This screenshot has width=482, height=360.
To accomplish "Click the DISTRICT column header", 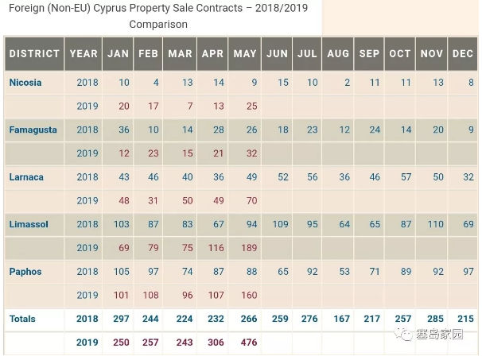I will coord(34,54).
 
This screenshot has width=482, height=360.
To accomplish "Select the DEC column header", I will coord(462,54).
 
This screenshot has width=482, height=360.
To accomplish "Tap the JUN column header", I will coord(278,54).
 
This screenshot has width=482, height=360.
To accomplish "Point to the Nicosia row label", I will coord(25,83).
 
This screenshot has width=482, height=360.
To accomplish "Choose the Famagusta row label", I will coord(33,130).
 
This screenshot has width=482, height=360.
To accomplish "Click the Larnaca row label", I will coord(27,176).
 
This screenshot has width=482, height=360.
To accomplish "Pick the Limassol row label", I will coord(29,224).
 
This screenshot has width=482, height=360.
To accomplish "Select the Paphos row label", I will coord(25,272).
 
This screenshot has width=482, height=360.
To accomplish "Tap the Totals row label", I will coord(23,319).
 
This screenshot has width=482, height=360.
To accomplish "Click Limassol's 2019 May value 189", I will coord(248,248).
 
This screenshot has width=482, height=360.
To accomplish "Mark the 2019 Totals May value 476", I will coord(247,343).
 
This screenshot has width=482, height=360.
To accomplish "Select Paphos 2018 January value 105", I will coord(120,272).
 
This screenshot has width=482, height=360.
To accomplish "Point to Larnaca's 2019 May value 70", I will coord(251,200).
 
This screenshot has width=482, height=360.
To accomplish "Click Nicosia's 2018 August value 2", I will coord(348,83).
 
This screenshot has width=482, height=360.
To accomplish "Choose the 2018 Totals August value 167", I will coord(340,319).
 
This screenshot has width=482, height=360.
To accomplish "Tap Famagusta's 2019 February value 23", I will coord(153,153).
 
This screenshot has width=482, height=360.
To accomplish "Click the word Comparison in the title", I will coord(158,25).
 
